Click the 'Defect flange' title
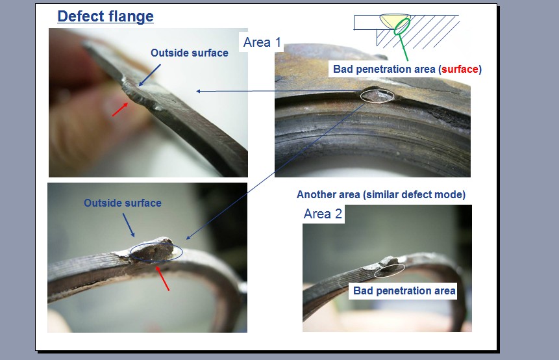pyautogui.click(x=106, y=16)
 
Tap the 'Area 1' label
pyautogui.click(x=262, y=42)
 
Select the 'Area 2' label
pyautogui.click(x=323, y=214)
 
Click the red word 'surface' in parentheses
pyautogui.click(x=460, y=69)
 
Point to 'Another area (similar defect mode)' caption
pyautogui.click(x=381, y=194)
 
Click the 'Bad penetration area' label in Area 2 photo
pyautogui.click(x=404, y=290)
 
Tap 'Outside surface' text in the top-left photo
pyautogui.click(x=190, y=53)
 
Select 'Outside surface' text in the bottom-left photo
pyautogui.click(x=123, y=203)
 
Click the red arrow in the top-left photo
pyautogui.click(x=120, y=110)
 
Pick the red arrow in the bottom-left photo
pyautogui.click(x=162, y=279)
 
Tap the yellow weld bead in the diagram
pyautogui.click(x=394, y=20)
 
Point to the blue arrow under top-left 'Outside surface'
pyautogui.click(x=149, y=75)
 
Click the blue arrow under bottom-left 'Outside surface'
pyautogui.click(x=129, y=225)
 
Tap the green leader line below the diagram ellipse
pyautogui.click(x=403, y=47)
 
